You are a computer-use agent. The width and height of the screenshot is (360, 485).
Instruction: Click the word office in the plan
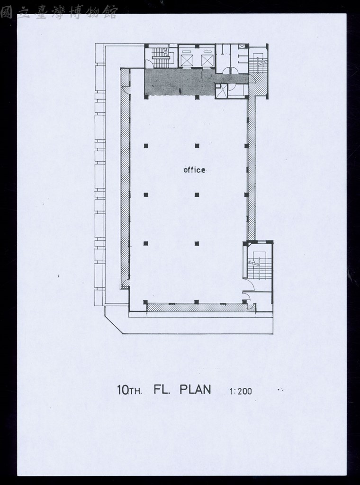point(194,170)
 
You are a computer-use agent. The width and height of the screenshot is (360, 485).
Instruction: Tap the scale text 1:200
point(241,391)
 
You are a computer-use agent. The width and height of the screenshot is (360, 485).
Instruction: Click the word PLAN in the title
point(195,389)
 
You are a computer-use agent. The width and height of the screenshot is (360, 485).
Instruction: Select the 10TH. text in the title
point(129,390)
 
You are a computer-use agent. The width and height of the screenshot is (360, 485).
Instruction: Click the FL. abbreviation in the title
point(163,390)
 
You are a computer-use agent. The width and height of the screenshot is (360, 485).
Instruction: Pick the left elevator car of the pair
point(187,60)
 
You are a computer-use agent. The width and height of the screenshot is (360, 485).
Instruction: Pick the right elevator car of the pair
point(207,60)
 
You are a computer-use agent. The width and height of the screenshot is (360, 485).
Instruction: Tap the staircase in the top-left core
point(161,58)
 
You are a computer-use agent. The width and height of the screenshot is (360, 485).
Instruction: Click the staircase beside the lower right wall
point(260,265)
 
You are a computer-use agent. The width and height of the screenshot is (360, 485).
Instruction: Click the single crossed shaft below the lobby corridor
point(221,91)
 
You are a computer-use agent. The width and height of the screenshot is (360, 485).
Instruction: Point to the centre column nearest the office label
point(197,194)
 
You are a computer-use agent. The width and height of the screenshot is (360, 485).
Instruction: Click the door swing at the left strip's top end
point(126,90)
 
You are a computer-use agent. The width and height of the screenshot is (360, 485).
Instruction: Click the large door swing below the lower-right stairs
point(249,284)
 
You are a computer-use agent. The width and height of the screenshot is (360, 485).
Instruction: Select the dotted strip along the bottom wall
point(201,308)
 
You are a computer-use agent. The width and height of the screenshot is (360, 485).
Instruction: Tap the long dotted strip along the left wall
point(125,178)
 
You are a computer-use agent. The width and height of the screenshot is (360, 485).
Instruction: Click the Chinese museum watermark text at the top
point(59,12)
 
